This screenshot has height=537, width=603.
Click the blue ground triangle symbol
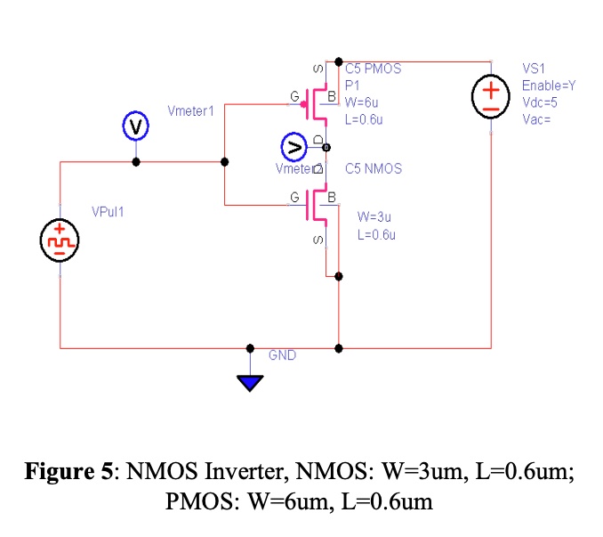(x=251, y=383)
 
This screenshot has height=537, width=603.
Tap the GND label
(x=282, y=355)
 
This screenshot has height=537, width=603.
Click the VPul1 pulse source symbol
(x=60, y=240)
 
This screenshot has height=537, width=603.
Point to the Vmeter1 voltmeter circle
(x=134, y=127)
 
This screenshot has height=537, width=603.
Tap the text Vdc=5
(x=540, y=102)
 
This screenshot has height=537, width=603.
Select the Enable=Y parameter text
(x=549, y=85)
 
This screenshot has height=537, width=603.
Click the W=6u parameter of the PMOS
(x=362, y=102)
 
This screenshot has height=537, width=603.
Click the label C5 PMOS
(x=374, y=68)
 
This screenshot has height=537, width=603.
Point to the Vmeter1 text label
(x=191, y=110)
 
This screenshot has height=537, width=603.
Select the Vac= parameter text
(x=536, y=119)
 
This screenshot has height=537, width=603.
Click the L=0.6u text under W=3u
(x=376, y=235)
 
